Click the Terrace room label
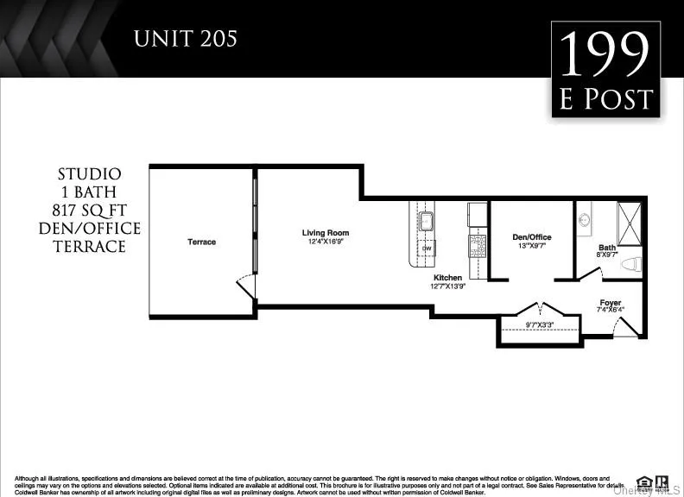pos(201,242)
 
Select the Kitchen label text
pos(447,278)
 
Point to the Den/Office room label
pos(531,237)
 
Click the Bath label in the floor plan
pos(607,248)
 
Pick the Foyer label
pos(611,304)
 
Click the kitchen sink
pos(426,216)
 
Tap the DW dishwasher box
pos(427,248)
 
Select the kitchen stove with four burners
pos(478,246)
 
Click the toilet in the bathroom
pos(630,262)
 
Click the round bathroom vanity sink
pos(583,218)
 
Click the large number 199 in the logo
pos(605,55)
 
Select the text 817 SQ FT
pos(90,210)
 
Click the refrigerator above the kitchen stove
pos(478,215)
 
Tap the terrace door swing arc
pos(245,286)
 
